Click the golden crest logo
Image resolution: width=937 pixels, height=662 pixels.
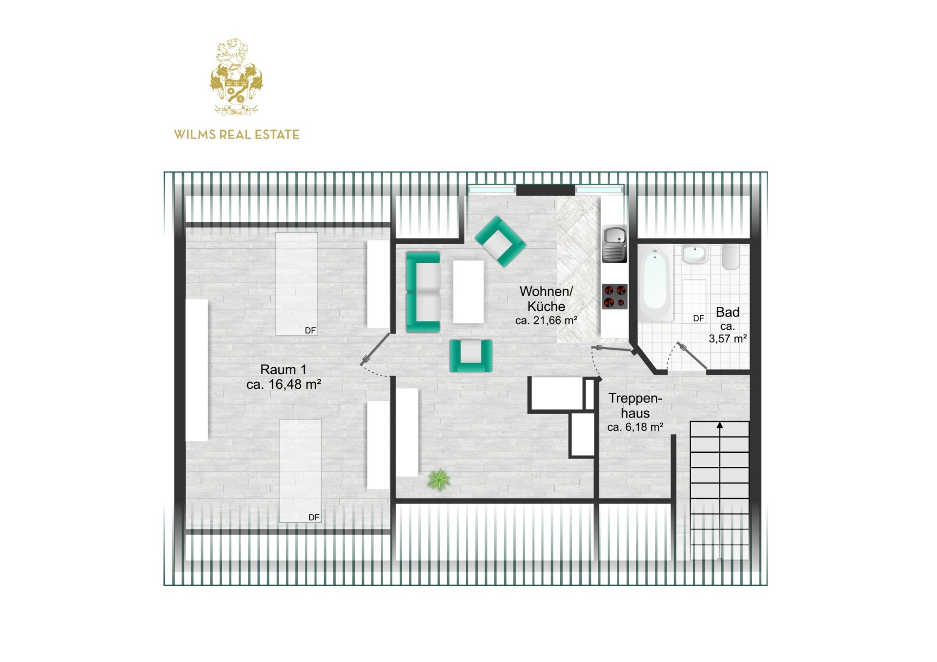[236, 77]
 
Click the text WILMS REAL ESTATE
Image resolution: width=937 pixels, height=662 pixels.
[237, 135]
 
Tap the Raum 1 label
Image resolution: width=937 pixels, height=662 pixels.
[283, 369]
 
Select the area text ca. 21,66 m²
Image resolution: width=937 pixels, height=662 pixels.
[546, 321]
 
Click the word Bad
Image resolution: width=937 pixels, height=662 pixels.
[727, 312]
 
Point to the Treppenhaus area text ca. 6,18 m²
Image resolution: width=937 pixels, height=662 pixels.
[635, 427]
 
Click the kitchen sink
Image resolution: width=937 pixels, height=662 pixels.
[614, 244]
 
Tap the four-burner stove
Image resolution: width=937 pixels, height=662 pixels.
[614, 297]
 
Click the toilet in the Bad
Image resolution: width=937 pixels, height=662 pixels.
[731, 257]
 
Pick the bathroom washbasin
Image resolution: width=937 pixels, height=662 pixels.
[694, 254]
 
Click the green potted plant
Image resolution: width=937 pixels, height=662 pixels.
[439, 480]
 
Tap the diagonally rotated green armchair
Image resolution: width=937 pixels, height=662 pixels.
[500, 241]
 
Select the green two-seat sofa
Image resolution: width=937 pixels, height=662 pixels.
[423, 292]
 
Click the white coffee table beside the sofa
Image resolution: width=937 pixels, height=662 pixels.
[468, 291]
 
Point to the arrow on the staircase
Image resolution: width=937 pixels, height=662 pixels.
[719, 426]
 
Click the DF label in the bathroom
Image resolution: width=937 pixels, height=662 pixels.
[698, 318]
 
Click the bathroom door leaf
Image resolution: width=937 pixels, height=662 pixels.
[691, 356]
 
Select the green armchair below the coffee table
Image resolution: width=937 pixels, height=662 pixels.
[470, 355]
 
